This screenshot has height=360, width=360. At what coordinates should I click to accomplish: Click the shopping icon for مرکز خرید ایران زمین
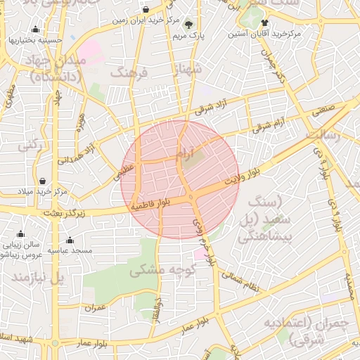coord(146,10)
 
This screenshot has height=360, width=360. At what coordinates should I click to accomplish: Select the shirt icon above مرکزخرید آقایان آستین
coord(264,23)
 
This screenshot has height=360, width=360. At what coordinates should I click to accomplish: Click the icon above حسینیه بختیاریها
coord(36,30)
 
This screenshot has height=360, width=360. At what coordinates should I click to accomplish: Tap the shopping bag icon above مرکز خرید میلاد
coord(44,181)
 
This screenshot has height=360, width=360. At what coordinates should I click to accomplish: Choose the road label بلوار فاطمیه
coord(151,205)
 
